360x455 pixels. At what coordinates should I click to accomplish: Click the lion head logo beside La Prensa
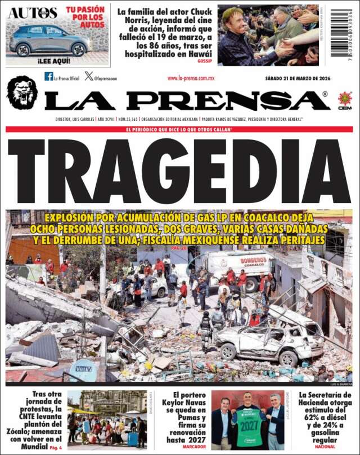(22, 93)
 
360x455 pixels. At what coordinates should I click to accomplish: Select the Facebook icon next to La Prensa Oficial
(49, 76)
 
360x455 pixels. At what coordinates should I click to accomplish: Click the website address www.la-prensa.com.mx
(191, 79)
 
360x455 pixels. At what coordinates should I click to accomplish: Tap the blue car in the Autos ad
(49, 39)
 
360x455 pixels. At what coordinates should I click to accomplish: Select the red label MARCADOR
(194, 447)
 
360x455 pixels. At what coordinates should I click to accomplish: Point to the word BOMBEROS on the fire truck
(253, 260)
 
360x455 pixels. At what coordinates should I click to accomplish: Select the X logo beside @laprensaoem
(89, 76)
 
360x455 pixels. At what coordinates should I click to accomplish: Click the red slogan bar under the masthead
(180, 129)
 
